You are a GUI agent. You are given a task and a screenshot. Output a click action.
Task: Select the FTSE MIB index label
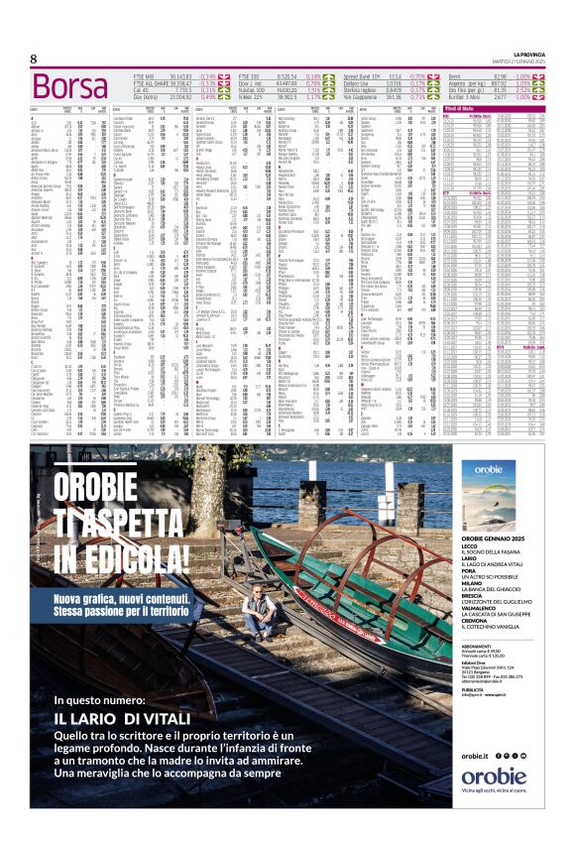tap(144, 75)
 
